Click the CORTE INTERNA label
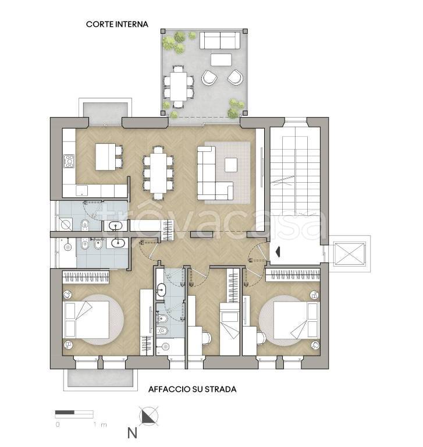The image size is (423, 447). click(x=117, y=24)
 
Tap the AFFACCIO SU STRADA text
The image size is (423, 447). click(x=193, y=389)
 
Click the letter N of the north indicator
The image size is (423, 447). click(x=132, y=433)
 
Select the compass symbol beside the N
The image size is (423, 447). click(x=148, y=417)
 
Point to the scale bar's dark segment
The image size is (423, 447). click(x=65, y=412)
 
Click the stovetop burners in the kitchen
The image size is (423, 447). click(x=69, y=161)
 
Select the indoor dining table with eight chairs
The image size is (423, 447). click(x=158, y=173)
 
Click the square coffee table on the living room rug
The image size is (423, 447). click(x=231, y=165)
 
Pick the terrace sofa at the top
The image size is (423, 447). click(x=220, y=41)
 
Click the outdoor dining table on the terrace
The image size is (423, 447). click(x=179, y=86)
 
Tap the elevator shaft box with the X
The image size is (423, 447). click(x=350, y=254)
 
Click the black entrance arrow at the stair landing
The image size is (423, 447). click(x=278, y=251)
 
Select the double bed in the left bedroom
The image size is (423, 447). click(x=87, y=320)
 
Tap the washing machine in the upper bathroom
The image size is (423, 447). click(x=66, y=224)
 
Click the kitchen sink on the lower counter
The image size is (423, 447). click(x=82, y=190)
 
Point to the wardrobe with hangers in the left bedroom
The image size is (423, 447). click(x=86, y=277)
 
